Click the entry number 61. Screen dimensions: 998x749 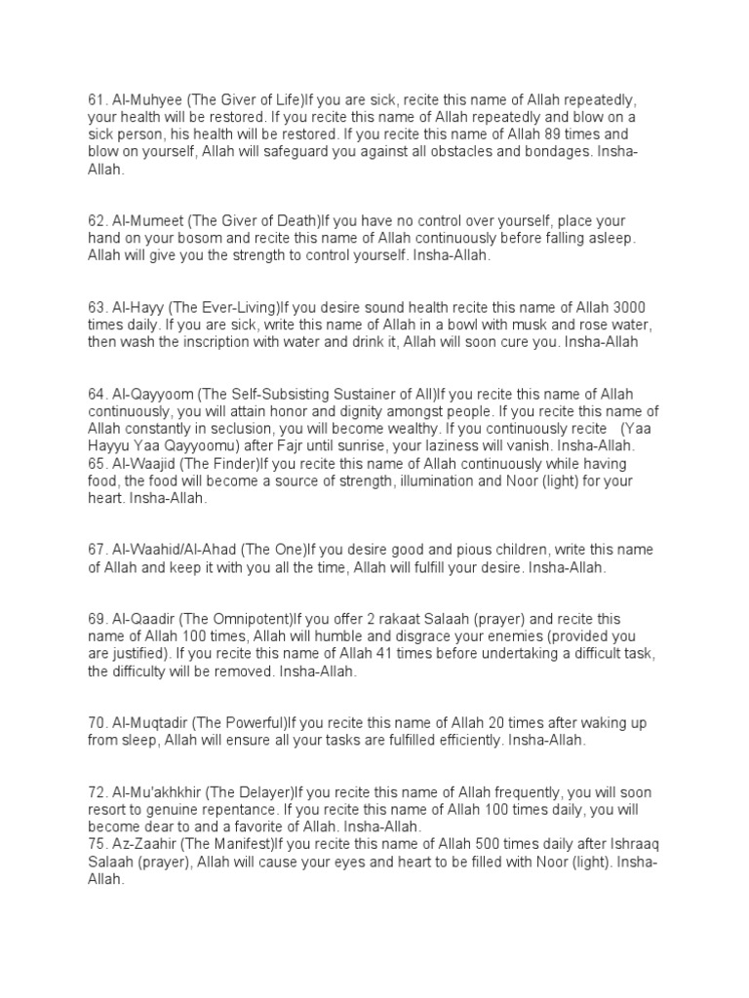pyautogui.click(x=95, y=98)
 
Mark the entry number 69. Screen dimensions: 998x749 pyautogui.click(x=95, y=620)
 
